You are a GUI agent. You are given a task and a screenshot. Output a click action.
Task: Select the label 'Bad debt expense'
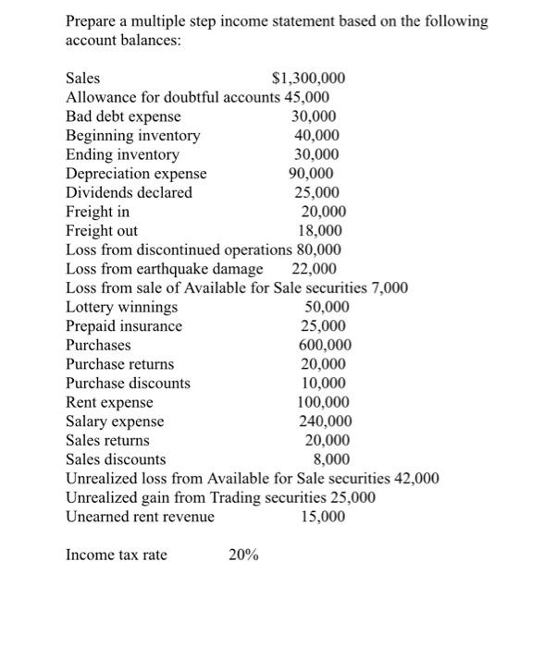point(123,116)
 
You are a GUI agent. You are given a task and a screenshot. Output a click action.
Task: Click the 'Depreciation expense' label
point(136,174)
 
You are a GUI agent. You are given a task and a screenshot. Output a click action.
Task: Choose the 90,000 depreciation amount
point(312,174)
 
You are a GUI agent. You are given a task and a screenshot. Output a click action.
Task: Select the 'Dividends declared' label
point(129,193)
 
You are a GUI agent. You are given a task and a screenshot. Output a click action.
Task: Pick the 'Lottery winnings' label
point(121,307)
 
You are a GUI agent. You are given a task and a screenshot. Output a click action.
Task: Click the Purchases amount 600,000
point(324,345)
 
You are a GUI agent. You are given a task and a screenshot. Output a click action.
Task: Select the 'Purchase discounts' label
point(128,383)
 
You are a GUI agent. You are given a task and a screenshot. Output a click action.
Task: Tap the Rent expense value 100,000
point(323,402)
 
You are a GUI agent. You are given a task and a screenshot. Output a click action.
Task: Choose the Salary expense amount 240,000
point(324,421)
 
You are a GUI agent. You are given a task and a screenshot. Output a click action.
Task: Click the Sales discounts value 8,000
point(332,459)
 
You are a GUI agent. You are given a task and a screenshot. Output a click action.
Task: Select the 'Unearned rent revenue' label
point(140,517)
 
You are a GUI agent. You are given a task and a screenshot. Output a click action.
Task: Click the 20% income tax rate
point(243,555)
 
